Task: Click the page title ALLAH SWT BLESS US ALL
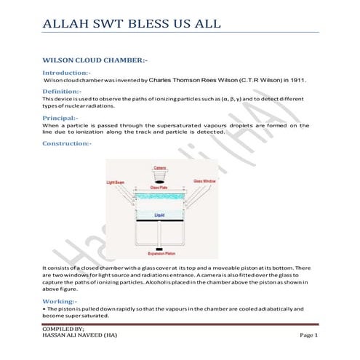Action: click(x=131, y=23)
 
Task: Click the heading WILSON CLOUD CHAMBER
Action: click(x=96, y=58)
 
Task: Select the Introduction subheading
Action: click(x=71, y=73)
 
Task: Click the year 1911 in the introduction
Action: click(x=301, y=81)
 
